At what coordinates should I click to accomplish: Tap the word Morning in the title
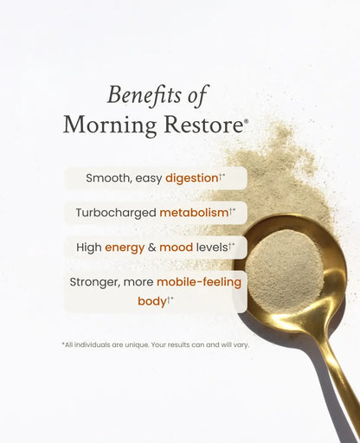point(106,125)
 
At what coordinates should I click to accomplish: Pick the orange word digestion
point(191,178)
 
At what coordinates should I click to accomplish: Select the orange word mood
point(175,247)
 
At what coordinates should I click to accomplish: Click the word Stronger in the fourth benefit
point(97,282)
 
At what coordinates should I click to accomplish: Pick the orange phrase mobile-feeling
point(199,282)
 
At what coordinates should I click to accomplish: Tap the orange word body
point(151,302)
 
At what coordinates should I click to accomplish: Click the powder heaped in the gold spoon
point(285,268)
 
